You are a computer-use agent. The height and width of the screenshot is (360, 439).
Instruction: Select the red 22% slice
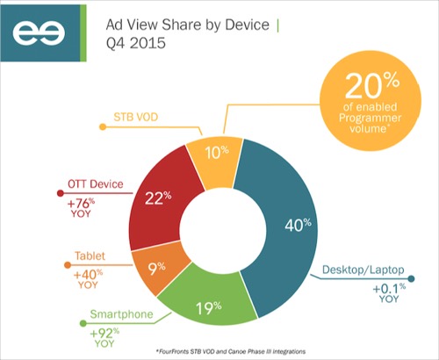point(158,199)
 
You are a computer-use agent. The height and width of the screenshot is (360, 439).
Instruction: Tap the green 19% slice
point(208,305)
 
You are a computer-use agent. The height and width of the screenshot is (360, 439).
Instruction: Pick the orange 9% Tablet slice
point(156,268)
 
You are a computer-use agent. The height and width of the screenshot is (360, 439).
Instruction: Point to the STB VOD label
point(136,117)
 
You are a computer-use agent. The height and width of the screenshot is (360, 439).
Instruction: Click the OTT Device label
point(96,184)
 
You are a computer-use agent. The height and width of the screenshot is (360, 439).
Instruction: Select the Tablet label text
point(90,256)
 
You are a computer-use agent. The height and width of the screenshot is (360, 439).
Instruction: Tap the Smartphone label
point(121,314)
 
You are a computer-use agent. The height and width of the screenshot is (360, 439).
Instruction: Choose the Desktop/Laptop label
point(363,270)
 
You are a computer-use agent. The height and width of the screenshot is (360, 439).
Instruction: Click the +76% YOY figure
point(81,207)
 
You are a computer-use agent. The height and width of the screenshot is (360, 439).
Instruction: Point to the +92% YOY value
point(104,337)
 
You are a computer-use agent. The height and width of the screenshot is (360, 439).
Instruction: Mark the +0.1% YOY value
point(389,292)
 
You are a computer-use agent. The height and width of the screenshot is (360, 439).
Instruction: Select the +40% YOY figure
point(88,279)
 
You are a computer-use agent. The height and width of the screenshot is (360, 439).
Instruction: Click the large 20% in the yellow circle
point(372,85)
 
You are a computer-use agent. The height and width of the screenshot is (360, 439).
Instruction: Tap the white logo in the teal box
point(39,32)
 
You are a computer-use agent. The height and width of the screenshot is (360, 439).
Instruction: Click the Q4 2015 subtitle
point(136,43)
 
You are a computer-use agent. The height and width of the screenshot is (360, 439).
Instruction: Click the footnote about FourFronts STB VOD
point(231,351)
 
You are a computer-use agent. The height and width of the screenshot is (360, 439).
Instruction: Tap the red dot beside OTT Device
point(61,193)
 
